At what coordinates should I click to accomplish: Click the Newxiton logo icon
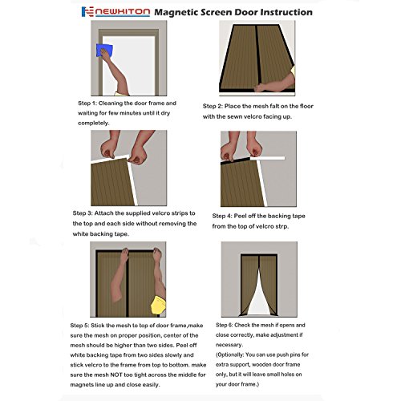coord(87,12)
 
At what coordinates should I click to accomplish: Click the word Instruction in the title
coord(286,12)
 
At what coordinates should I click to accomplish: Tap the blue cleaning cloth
coord(104,51)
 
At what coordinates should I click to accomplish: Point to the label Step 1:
coord(87,103)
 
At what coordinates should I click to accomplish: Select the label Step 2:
coord(213,107)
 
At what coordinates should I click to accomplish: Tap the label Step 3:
coord(83,213)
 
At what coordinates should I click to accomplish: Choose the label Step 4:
coord(222,216)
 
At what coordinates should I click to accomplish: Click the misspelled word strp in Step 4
coord(282,227)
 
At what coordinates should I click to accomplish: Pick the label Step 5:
coord(79,326)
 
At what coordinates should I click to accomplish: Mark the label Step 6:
coord(224,325)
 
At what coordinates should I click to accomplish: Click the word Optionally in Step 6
coord(229,355)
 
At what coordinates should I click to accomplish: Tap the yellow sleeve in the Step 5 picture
coord(159,306)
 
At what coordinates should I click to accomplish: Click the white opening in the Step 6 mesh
coord(258,296)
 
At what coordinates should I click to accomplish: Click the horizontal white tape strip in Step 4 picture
coord(267,158)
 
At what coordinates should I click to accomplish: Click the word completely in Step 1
coord(93,124)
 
